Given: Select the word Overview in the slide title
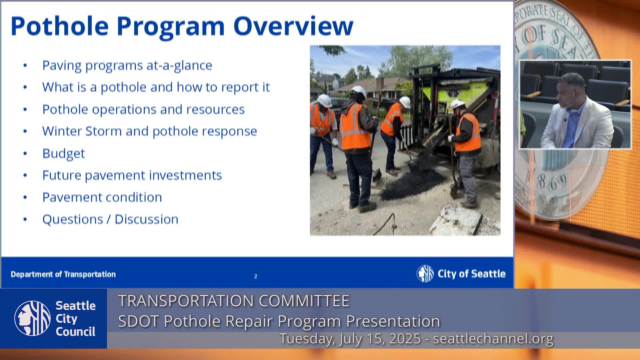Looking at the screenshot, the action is (293, 26).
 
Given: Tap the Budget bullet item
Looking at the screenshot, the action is (64, 154).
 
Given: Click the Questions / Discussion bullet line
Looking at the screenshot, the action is (110, 219).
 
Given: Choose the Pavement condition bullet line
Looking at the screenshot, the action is (102, 197).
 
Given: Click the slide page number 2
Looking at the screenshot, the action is (256, 276).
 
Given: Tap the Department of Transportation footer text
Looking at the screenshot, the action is (63, 274).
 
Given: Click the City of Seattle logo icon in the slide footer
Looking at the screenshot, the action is (425, 274).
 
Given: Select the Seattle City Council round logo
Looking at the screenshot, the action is (33, 318).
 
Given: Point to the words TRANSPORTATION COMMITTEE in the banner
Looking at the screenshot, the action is (234, 301).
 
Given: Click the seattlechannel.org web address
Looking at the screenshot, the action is (493, 339).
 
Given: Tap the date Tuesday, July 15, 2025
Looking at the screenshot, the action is (350, 339).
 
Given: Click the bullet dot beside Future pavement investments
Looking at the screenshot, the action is (25, 175).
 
